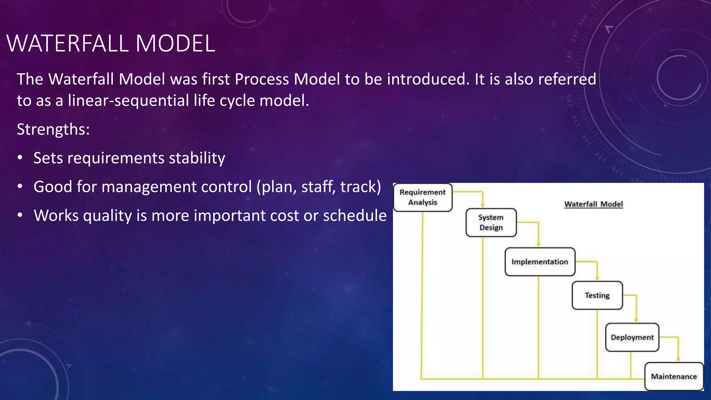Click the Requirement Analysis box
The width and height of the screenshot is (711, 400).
coord(423,197)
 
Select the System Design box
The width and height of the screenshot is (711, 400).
coord(491,223)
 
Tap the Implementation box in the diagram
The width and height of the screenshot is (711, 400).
coord(539,262)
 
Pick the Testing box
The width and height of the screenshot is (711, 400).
coord(597,295)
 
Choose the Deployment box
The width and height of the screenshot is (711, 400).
coord(632,337)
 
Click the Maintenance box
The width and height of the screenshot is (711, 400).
coord(674,376)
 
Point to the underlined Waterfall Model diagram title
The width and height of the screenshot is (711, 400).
coord(593,204)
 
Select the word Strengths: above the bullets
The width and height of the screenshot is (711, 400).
coord(53,130)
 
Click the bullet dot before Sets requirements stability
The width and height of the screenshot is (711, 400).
coord(20,158)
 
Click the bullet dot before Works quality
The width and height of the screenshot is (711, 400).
coord(20,216)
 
